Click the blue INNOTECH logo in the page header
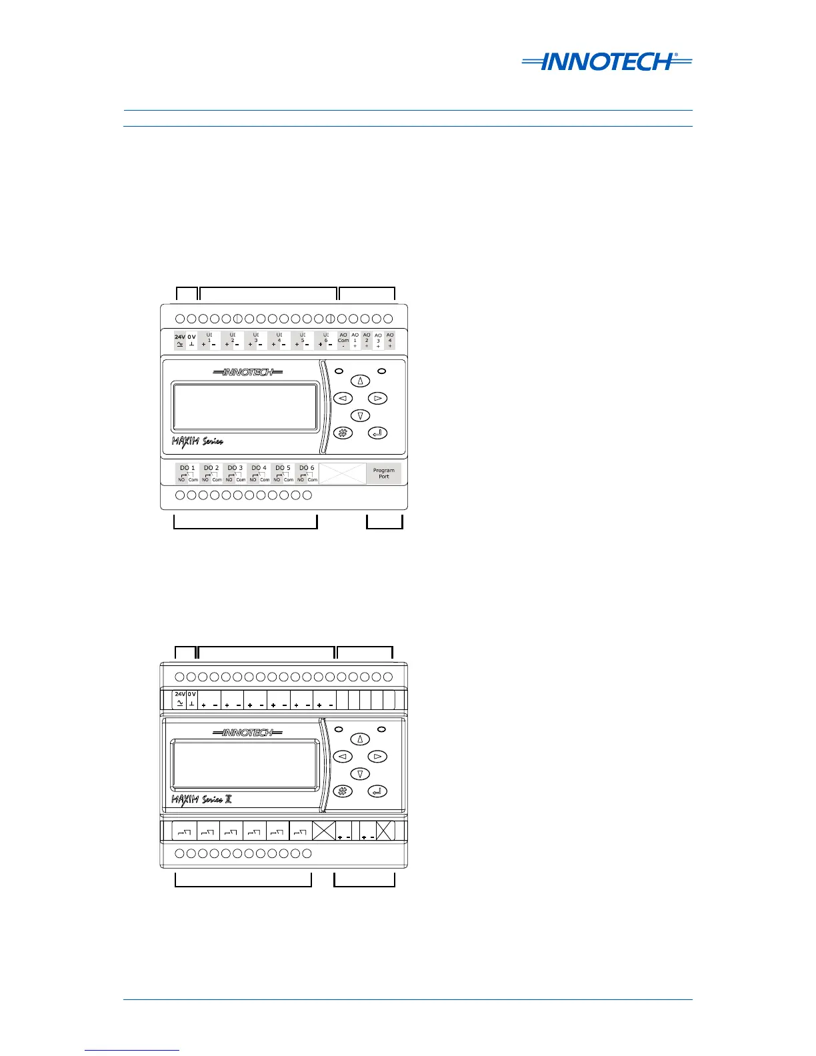click(607, 62)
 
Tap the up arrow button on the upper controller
click(361, 381)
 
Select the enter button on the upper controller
click(378, 433)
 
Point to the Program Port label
click(383, 473)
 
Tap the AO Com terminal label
click(343, 341)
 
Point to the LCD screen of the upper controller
click(245, 407)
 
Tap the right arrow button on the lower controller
click(378, 757)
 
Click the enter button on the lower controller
click(378, 791)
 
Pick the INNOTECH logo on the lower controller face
click(247, 733)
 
